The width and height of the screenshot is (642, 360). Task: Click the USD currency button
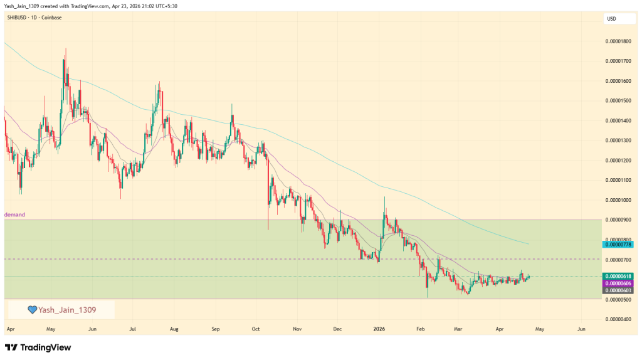[x=611, y=19]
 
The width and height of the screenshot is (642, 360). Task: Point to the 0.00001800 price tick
[x=618, y=41]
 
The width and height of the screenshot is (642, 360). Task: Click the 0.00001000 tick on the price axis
[x=618, y=200]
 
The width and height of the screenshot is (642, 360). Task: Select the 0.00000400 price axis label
[x=618, y=319]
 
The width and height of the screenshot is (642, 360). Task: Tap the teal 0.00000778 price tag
[x=618, y=243]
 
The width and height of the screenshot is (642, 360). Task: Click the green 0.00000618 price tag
[x=618, y=276]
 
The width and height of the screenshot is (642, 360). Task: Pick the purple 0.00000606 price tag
[x=618, y=283]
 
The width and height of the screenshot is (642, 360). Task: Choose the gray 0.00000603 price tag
[x=618, y=290]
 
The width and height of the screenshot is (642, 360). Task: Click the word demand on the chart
[x=14, y=214]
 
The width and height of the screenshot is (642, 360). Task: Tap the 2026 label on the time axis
[x=378, y=329]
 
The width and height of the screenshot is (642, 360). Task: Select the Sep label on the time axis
[x=216, y=329]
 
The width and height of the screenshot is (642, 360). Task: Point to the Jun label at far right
[x=581, y=329]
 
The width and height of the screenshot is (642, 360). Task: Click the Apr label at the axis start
[x=9, y=329]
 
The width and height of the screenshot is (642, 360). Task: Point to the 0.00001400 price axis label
[x=618, y=120]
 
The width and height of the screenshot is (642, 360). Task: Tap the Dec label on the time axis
[x=337, y=329]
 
